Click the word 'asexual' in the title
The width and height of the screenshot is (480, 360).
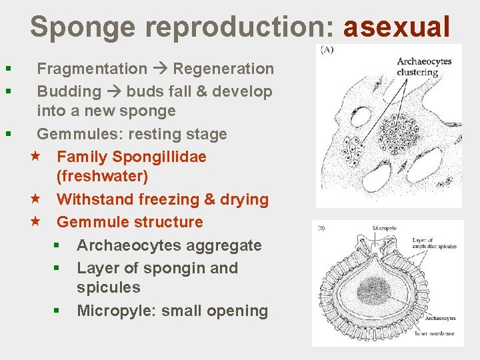coord(397,27)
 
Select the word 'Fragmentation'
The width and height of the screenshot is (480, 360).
coord(92,69)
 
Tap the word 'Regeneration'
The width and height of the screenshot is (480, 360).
coord(223,69)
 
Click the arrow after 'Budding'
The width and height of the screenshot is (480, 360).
coord(113,91)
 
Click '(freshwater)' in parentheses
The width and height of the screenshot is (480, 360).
coord(103,177)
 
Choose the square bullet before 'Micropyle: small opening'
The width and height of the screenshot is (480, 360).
coord(58,311)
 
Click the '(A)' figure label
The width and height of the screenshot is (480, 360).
coord(327,51)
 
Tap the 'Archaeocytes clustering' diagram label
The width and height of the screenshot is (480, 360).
coord(424,67)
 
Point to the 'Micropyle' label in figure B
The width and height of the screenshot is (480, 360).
coord(385,228)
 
